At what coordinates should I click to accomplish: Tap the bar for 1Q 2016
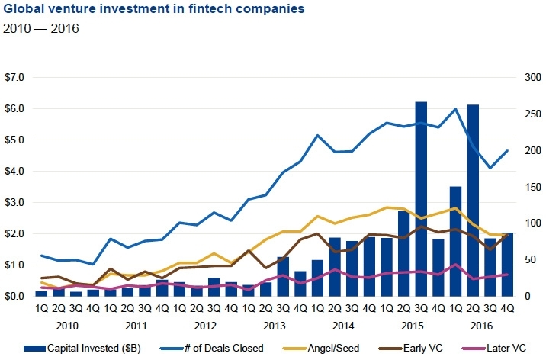tap(455, 241)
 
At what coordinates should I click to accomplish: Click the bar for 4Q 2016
tap(507, 264)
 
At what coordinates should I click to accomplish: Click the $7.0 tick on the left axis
tap(15, 78)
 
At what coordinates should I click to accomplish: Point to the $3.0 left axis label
tap(15, 202)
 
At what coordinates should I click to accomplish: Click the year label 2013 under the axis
tap(275, 323)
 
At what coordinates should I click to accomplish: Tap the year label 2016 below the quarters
tap(481, 323)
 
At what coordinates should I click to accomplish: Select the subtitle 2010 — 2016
tap(42, 29)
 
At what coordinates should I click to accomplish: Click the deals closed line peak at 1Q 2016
tap(455, 109)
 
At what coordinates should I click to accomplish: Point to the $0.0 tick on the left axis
tap(15, 296)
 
